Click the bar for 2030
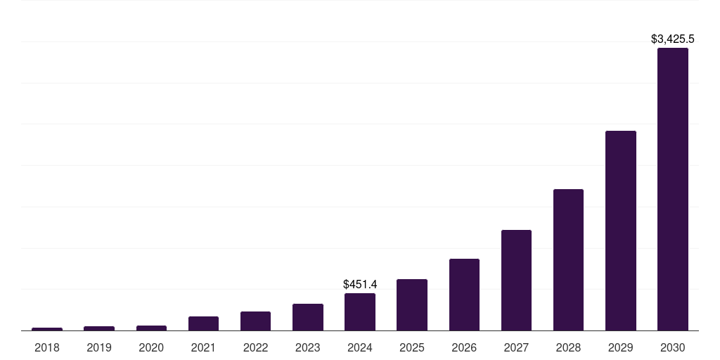tap(672, 189)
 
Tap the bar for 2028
tap(568, 259)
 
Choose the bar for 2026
tap(464, 295)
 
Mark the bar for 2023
tap(308, 317)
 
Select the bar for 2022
tap(255, 321)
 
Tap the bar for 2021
tap(203, 323)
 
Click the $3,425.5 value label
tap(672, 39)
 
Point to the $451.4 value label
tap(360, 285)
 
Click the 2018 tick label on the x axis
tap(47, 347)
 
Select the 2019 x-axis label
tap(99, 347)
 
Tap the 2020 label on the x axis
tap(151, 347)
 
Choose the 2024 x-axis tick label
tap(360, 347)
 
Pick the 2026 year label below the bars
tap(464, 347)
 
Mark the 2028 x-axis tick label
tap(568, 347)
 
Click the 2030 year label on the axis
tap(672, 347)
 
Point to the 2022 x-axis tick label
tap(255, 347)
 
